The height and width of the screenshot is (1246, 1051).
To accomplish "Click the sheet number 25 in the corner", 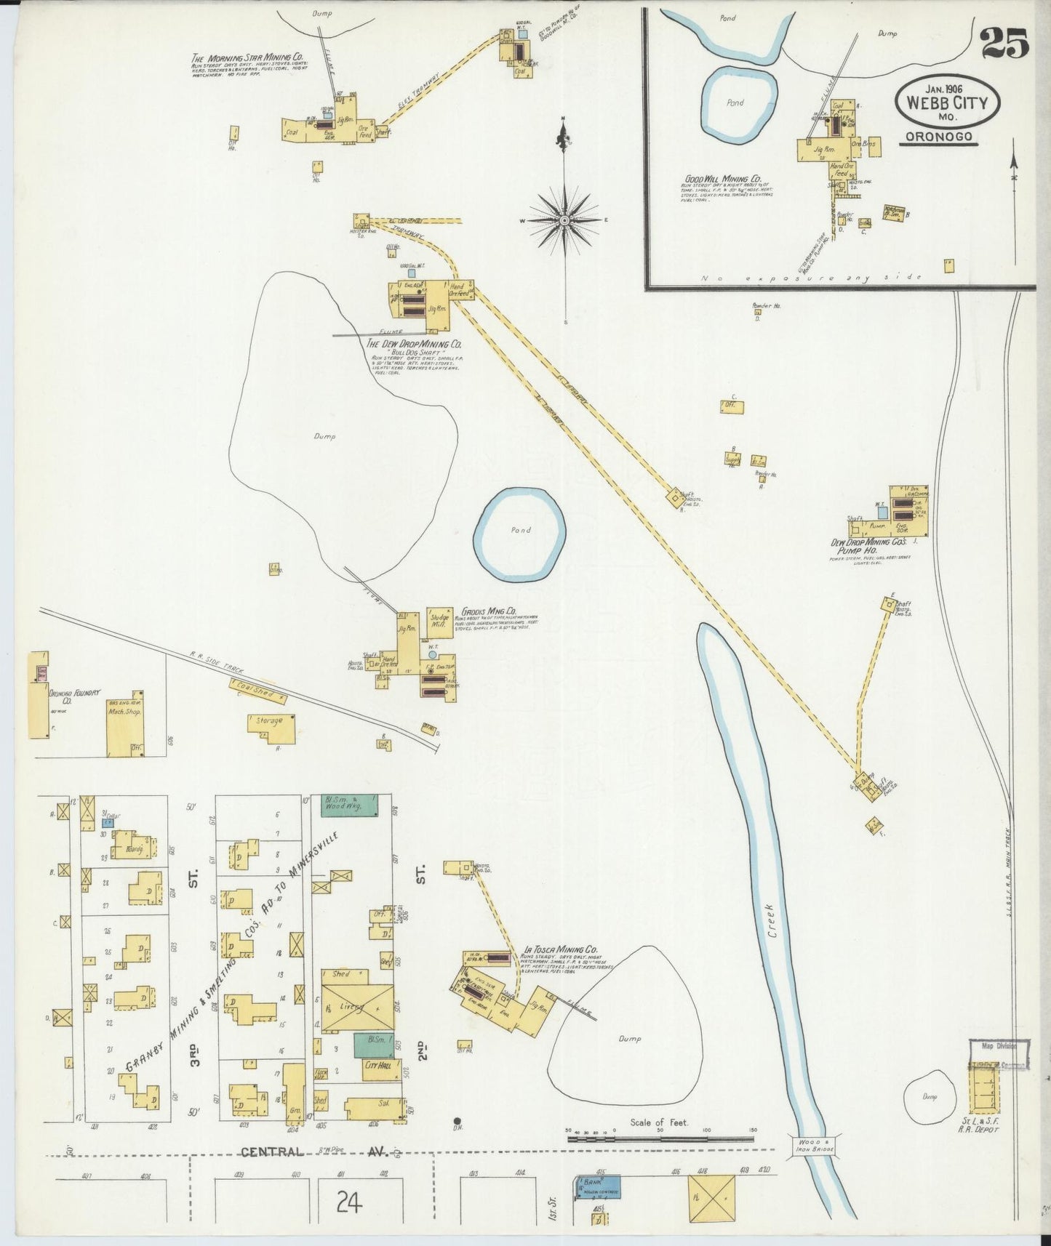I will [x=1005, y=43].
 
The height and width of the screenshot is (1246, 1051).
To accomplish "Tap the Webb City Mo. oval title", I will [x=947, y=104].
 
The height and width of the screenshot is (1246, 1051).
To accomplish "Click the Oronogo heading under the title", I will [x=938, y=137].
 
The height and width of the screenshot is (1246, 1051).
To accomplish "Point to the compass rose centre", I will [x=564, y=220].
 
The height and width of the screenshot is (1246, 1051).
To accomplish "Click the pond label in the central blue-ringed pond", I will [x=520, y=531].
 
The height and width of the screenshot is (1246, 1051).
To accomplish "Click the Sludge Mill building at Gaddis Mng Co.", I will [x=439, y=622].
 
